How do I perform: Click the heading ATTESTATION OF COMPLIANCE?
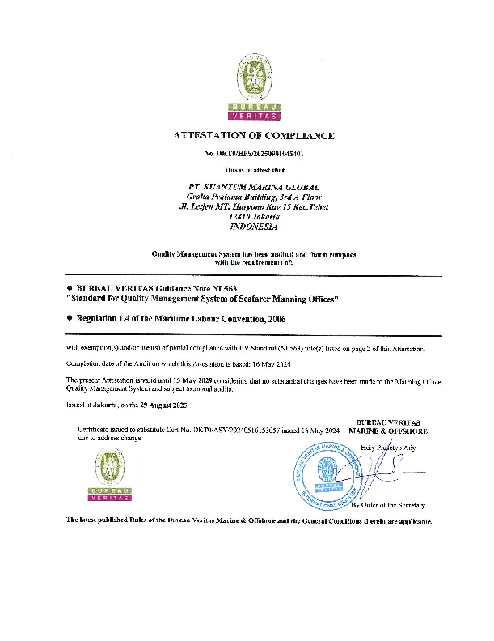click(x=254, y=136)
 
